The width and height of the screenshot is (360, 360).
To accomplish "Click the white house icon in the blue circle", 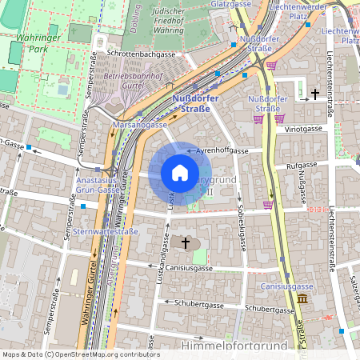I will click(179, 173).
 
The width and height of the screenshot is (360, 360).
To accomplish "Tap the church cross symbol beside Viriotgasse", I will click(315, 94).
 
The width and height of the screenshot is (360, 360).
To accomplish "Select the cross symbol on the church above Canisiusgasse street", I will click(186, 242).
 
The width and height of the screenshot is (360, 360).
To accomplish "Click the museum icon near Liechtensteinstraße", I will click(302, 298).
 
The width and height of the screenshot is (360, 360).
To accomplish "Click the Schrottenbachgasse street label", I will click(145, 53).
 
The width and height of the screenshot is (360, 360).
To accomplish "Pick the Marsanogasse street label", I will click(139, 125).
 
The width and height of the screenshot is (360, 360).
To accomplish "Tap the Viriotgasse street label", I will click(302, 127).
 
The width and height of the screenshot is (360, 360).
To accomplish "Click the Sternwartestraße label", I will click(106, 232).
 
